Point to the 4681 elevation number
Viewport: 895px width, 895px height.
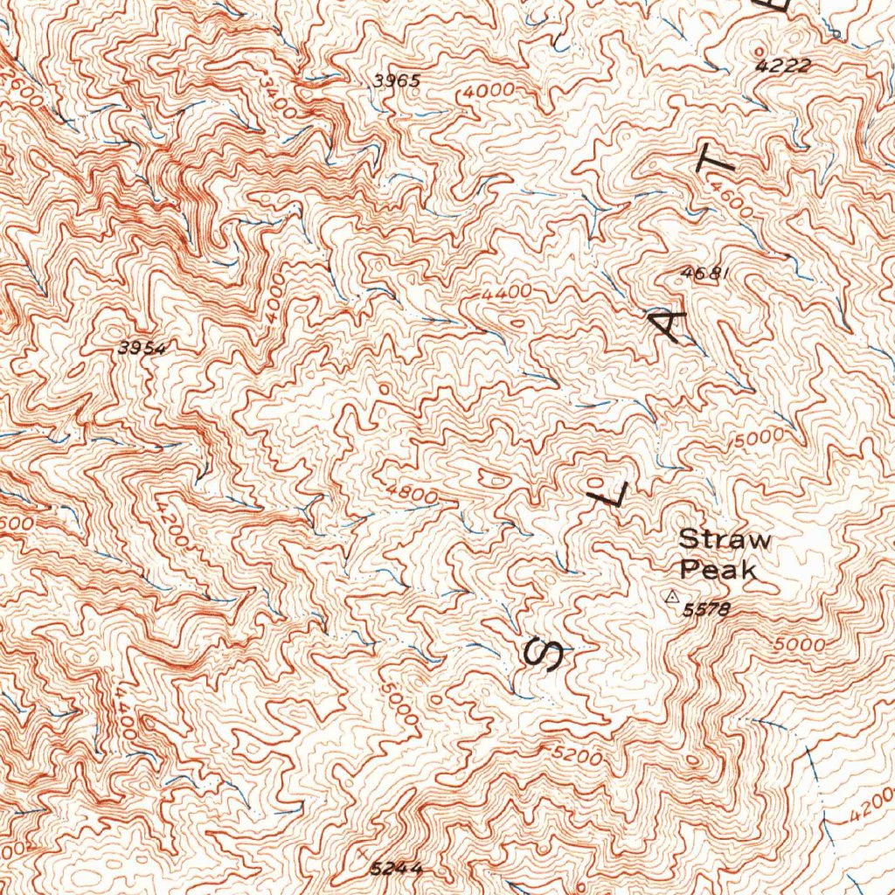(704, 274)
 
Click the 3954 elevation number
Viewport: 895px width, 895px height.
(142, 348)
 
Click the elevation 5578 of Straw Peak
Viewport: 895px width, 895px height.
(705, 609)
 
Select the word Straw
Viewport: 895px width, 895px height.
(725, 539)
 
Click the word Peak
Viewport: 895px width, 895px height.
(717, 571)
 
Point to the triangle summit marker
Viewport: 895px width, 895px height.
(671, 598)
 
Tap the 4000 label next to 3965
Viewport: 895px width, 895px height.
(490, 92)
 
